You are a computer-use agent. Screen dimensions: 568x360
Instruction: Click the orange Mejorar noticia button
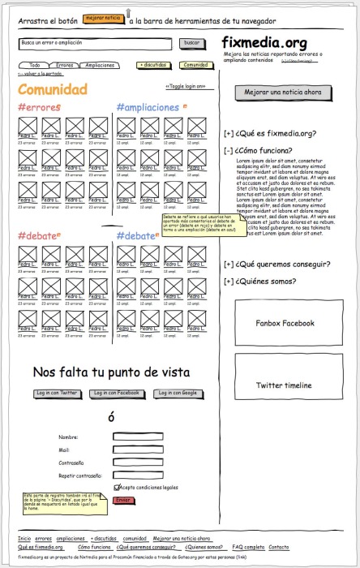tap(104, 17)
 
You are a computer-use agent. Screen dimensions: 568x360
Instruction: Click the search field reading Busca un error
tap(95, 44)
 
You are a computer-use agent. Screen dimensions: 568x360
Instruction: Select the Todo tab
tap(34, 65)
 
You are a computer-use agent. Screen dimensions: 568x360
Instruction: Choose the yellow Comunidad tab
tap(195, 65)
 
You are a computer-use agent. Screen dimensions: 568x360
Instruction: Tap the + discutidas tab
tap(152, 65)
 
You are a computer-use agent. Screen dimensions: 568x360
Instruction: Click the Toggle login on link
tap(186, 86)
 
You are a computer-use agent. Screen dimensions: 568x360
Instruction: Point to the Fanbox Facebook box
tap(285, 324)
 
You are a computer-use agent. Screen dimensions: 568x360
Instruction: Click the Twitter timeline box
tap(284, 385)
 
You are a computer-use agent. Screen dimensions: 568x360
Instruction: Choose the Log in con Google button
tap(178, 394)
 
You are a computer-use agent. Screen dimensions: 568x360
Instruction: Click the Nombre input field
tap(138, 437)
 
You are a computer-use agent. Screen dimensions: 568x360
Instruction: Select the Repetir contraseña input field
tap(138, 475)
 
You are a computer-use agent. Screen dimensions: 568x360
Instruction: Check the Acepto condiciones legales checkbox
tap(118, 488)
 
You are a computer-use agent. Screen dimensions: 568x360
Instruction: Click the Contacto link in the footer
tap(279, 548)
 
